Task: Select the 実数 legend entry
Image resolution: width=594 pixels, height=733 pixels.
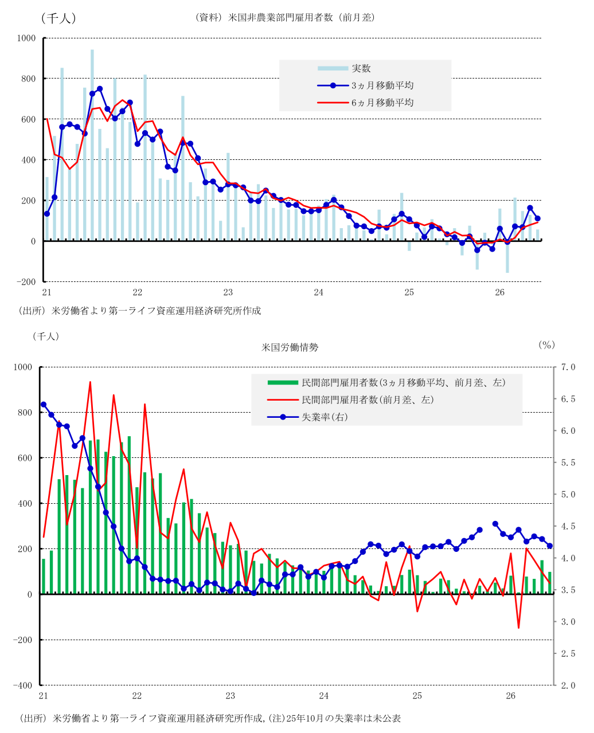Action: (345, 68)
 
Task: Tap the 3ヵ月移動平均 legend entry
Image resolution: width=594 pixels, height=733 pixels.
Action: (365, 85)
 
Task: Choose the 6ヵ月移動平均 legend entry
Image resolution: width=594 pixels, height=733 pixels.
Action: (365, 103)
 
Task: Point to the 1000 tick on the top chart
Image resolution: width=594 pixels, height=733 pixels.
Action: (26, 38)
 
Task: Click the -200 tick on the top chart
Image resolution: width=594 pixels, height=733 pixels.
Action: (26, 282)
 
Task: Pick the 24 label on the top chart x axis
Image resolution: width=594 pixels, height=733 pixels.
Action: (319, 292)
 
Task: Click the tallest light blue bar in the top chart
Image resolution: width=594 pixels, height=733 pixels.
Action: (92, 145)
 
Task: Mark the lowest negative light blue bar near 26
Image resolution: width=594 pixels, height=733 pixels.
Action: (507, 257)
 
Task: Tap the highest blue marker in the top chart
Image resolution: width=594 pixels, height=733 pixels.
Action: (100, 89)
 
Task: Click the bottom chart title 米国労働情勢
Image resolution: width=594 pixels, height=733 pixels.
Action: (290, 347)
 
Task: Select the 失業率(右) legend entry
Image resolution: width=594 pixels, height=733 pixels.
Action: (307, 417)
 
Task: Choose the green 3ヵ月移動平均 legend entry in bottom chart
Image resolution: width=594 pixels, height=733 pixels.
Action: (386, 382)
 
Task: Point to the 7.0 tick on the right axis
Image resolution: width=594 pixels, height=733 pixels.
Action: (568, 367)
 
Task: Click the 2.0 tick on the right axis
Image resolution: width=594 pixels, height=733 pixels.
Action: (568, 685)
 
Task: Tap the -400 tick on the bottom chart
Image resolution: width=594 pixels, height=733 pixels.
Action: (23, 685)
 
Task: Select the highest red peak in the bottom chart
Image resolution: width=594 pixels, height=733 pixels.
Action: (90, 382)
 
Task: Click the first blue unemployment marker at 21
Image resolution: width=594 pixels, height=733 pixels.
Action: (44, 405)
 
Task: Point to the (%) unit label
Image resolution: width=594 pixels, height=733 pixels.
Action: (546, 345)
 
